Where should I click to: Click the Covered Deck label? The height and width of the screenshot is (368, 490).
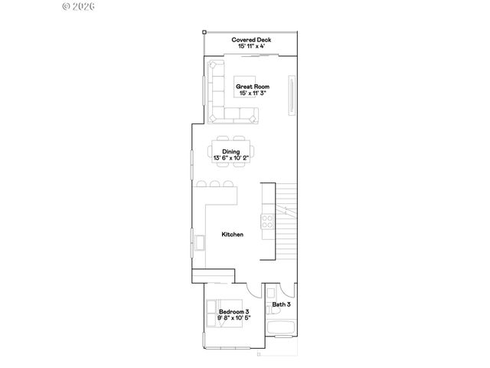pyautogui.click(x=252, y=40)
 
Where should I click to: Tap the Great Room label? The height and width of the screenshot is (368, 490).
pyautogui.click(x=252, y=87)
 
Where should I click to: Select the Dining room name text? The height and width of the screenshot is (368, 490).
pyautogui.click(x=231, y=152)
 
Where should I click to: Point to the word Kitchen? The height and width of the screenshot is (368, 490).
pyautogui.click(x=233, y=234)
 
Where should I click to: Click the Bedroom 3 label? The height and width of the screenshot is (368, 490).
pyautogui.click(x=234, y=311)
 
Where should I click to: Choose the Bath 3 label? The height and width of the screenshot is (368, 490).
pyautogui.click(x=280, y=304)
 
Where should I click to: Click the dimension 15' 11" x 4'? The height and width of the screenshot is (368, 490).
pyautogui.click(x=252, y=46)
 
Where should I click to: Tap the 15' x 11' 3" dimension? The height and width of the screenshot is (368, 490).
pyautogui.click(x=252, y=93)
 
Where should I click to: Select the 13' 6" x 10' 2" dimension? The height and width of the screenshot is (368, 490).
pyautogui.click(x=231, y=158)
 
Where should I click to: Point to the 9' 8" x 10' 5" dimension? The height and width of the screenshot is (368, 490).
pyautogui.click(x=234, y=317)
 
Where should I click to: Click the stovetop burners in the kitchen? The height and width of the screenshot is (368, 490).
pyautogui.click(x=269, y=222)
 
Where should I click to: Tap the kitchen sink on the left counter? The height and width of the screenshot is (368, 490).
pyautogui.click(x=200, y=243)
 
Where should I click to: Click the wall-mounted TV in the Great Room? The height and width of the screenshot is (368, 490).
pyautogui.click(x=291, y=95)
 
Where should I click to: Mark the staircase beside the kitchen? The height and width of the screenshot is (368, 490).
pyautogui.click(x=285, y=222)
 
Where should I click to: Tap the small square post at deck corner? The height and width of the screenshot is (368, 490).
pyautogui.click(x=204, y=32)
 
